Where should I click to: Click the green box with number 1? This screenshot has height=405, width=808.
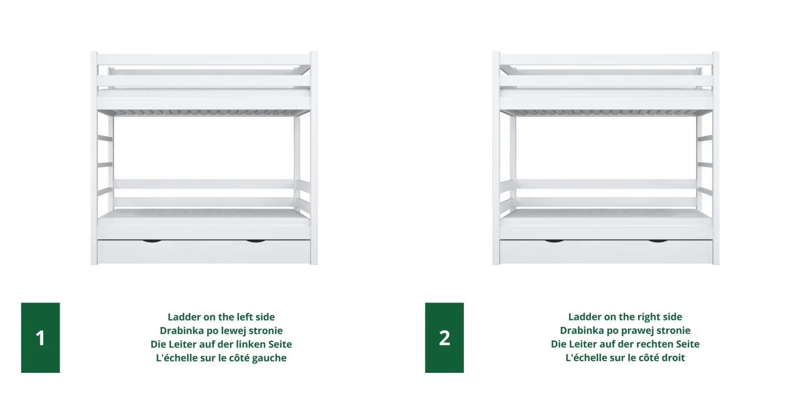pyautogui.click(x=40, y=338)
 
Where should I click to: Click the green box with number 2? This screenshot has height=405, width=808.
pyautogui.click(x=444, y=338)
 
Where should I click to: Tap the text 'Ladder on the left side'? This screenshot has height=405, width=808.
pyautogui.click(x=221, y=317)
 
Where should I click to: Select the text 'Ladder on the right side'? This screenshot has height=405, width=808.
pyautogui.click(x=625, y=317)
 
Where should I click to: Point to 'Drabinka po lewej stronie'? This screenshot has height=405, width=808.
pyautogui.click(x=221, y=330)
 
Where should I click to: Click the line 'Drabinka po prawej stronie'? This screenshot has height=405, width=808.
pyautogui.click(x=625, y=330)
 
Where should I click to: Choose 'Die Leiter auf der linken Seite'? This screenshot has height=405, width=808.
pyautogui.click(x=221, y=344)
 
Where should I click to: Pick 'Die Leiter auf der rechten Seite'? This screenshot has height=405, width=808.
pyautogui.click(x=625, y=344)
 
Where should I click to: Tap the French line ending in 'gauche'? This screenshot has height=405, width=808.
pyautogui.click(x=221, y=358)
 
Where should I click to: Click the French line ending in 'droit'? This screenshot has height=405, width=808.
pyautogui.click(x=625, y=358)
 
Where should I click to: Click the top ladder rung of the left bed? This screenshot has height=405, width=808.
pyautogui.click(x=105, y=138)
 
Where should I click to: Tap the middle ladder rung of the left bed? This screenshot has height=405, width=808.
pyautogui.click(x=105, y=165)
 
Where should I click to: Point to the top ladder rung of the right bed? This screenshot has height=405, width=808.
pyautogui.click(x=705, y=138)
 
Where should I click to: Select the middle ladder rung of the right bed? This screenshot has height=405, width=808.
pyautogui.click(x=705, y=165)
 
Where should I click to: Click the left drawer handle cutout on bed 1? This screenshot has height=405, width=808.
pyautogui.click(x=152, y=241)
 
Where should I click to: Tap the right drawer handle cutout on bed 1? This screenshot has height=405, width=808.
pyautogui.click(x=255, y=241)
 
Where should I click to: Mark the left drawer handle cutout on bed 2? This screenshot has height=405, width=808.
pyautogui.click(x=554, y=241)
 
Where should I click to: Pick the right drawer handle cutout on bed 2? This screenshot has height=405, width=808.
pyautogui.click(x=658, y=241)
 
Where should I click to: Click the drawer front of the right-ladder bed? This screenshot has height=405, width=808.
pyautogui.click(x=606, y=252)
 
